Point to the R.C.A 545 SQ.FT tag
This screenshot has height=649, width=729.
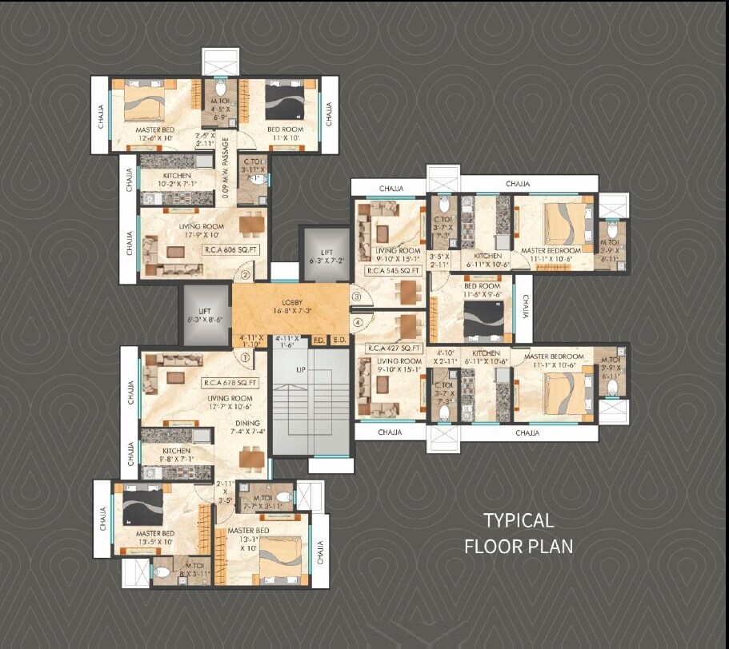pos(394,271)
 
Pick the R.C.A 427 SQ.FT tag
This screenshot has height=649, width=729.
pos(394,348)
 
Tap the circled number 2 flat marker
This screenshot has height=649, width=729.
pos(246,276)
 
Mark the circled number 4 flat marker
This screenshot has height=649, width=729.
pos(358,322)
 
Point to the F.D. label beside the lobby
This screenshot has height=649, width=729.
pos(318,340)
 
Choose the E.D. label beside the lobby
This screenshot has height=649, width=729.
pos(339,340)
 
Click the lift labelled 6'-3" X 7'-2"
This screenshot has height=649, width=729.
pos(325,255)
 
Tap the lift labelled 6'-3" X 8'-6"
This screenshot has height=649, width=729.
pos(203,313)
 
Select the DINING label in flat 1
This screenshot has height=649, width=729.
pos(247,424)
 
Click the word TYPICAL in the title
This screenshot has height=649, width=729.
pos(518,520)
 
